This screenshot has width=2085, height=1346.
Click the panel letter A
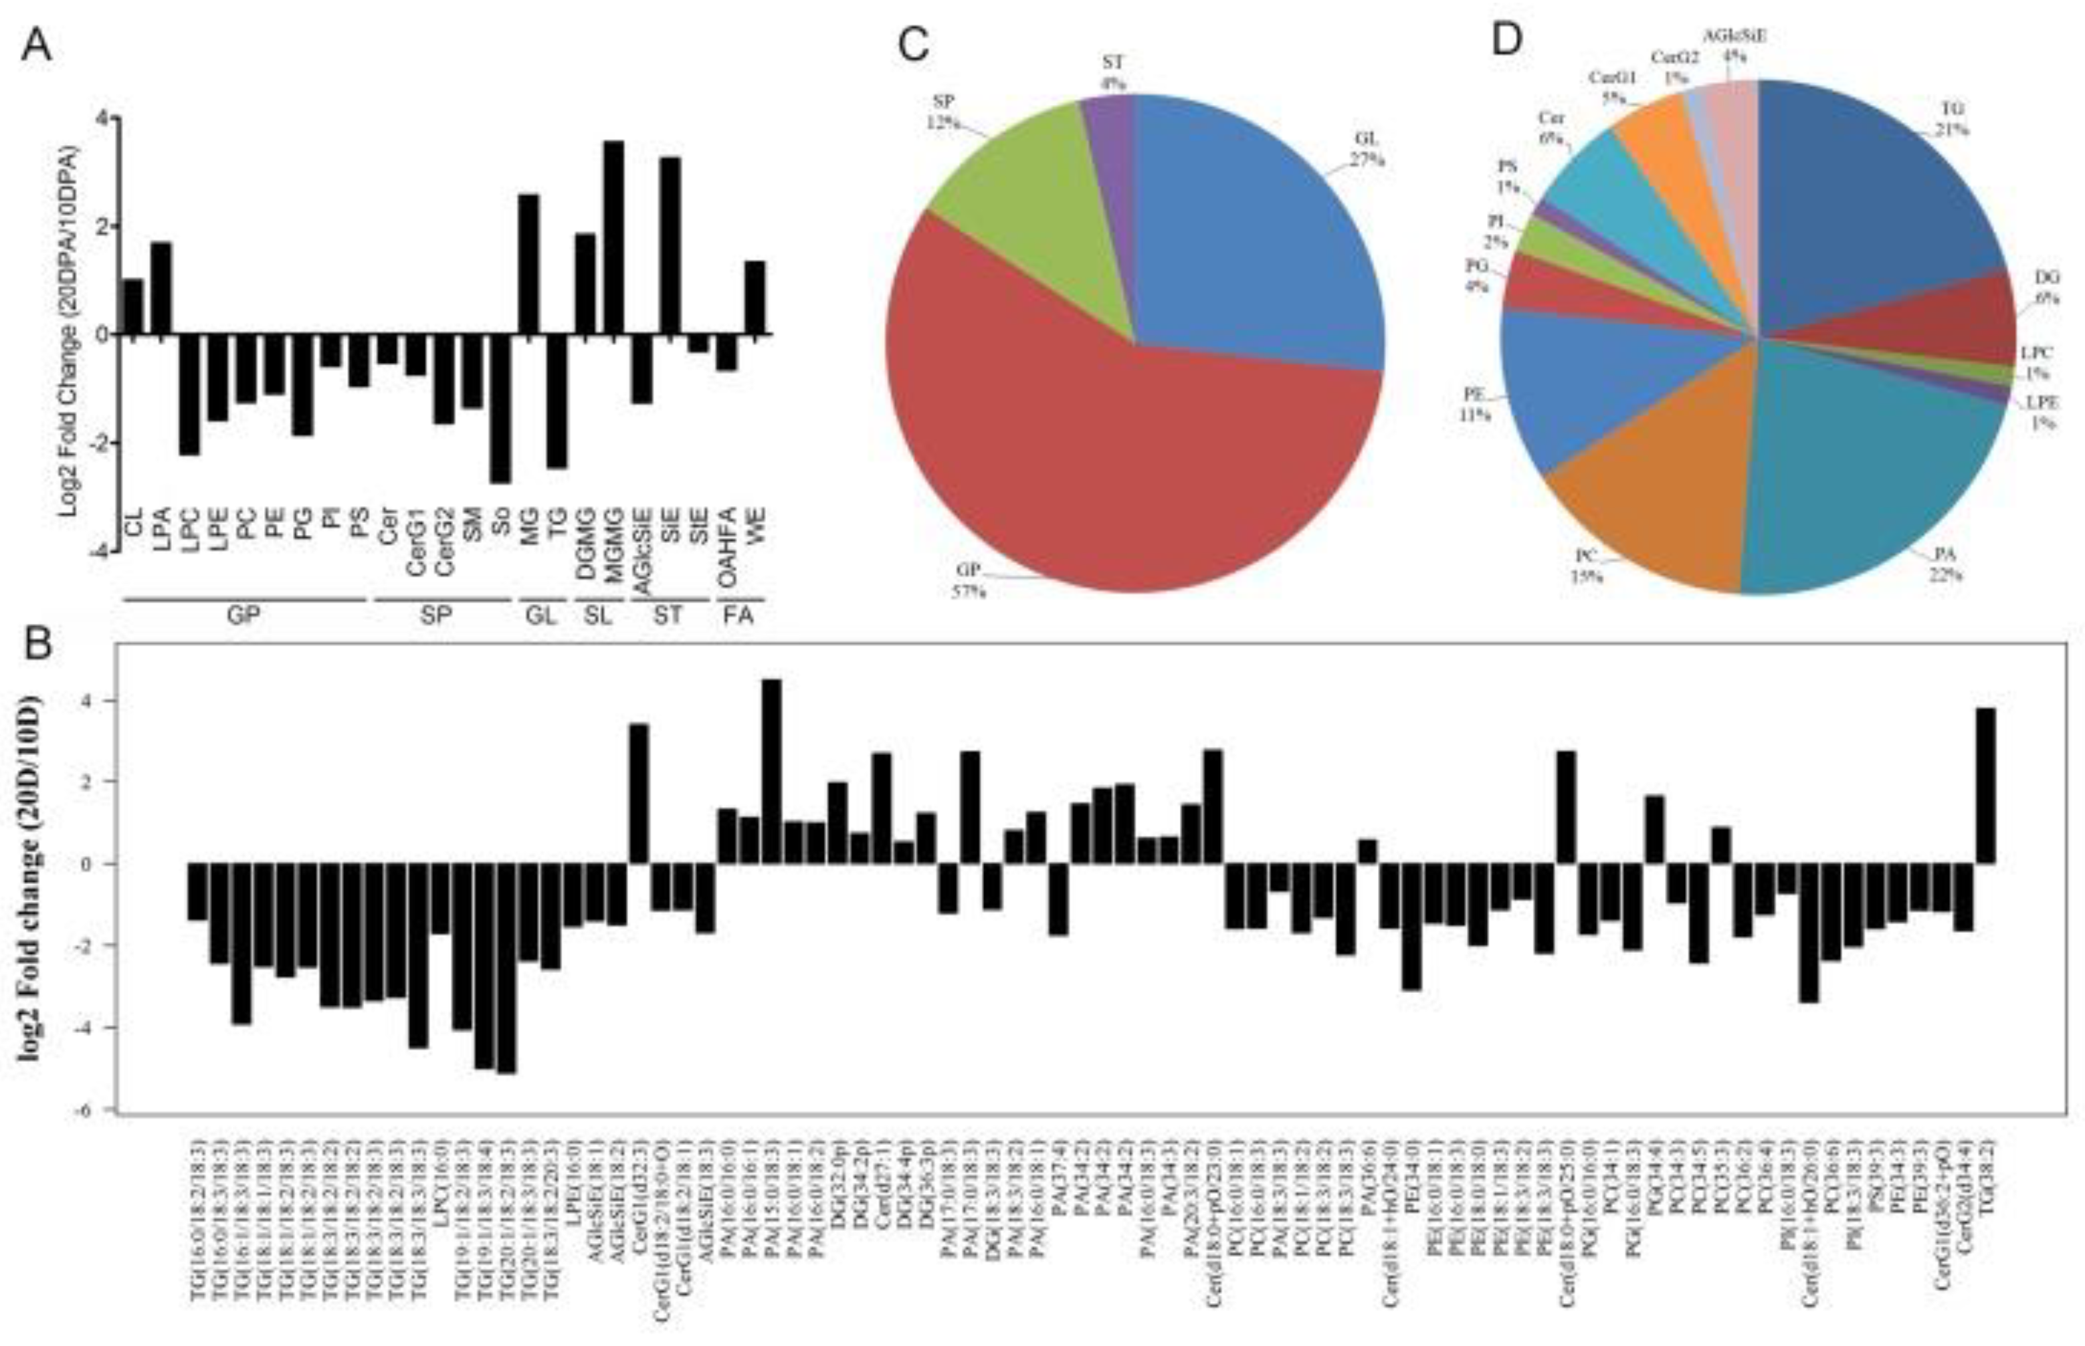pyautogui.click(x=36, y=45)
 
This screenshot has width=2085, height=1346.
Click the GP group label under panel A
pyautogui.click(x=244, y=615)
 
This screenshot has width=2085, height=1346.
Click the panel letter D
pyautogui.click(x=1506, y=39)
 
